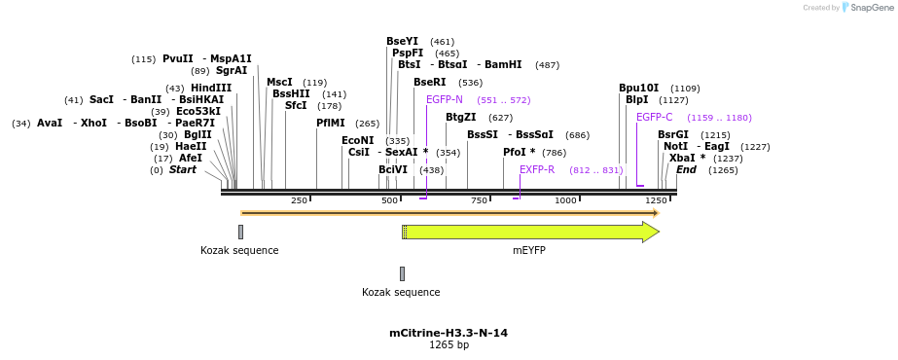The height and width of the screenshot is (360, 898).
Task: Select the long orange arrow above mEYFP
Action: tap(449, 212)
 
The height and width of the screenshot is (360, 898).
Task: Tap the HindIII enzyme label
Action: tap(211, 88)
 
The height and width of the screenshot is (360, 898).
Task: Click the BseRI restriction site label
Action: tap(429, 83)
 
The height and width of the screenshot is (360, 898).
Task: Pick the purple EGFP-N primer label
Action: tap(445, 99)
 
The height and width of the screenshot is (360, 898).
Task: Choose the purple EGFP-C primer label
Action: tap(654, 117)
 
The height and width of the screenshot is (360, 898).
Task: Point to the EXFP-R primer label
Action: tap(537, 169)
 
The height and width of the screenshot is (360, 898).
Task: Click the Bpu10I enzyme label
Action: tap(638, 88)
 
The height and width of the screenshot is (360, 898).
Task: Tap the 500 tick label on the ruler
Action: tap(389, 200)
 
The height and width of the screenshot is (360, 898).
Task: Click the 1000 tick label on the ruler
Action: tap(565, 200)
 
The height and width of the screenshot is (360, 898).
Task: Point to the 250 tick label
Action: tap(299, 200)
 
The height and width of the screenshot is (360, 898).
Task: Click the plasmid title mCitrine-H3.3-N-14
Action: tap(449, 333)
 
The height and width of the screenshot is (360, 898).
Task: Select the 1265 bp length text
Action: tap(449, 344)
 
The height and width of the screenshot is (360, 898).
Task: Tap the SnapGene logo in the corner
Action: tap(867, 8)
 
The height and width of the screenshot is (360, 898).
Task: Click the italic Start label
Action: tap(182, 169)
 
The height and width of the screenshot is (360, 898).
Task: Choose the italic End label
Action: tap(686, 169)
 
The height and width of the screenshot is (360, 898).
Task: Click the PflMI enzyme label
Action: tap(331, 123)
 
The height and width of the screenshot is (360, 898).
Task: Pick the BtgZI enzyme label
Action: tap(461, 117)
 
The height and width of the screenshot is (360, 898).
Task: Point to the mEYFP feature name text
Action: tap(529, 250)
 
